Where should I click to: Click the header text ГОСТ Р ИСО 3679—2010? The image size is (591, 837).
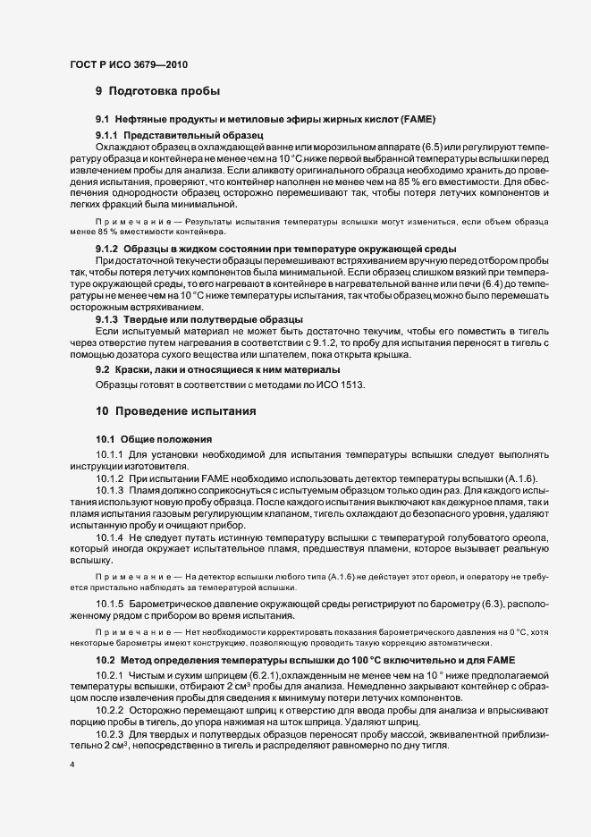[x=129, y=63]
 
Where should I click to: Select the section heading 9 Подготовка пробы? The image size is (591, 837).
[x=157, y=90]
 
